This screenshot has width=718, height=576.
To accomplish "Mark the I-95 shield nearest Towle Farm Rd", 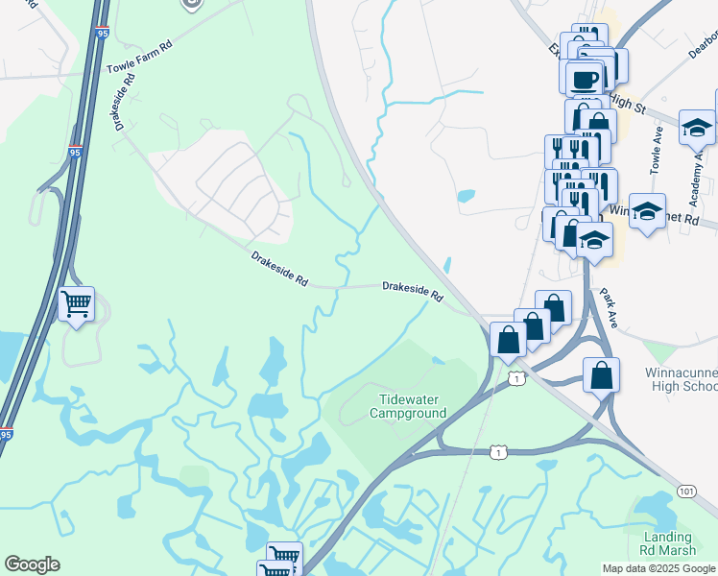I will [76, 152].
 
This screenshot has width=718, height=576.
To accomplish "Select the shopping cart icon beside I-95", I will [76, 304].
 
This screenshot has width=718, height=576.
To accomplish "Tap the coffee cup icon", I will [584, 78].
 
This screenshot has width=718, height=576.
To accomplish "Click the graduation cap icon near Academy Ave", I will [697, 127].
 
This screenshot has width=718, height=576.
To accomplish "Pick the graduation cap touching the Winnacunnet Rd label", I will [648, 211].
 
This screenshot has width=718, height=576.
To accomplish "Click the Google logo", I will [32, 564].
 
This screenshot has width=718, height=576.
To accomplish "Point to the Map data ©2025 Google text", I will [658, 568].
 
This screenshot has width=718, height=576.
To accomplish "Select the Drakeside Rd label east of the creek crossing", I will [412, 291].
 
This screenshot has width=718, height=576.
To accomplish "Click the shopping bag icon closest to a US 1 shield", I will [508, 340].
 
